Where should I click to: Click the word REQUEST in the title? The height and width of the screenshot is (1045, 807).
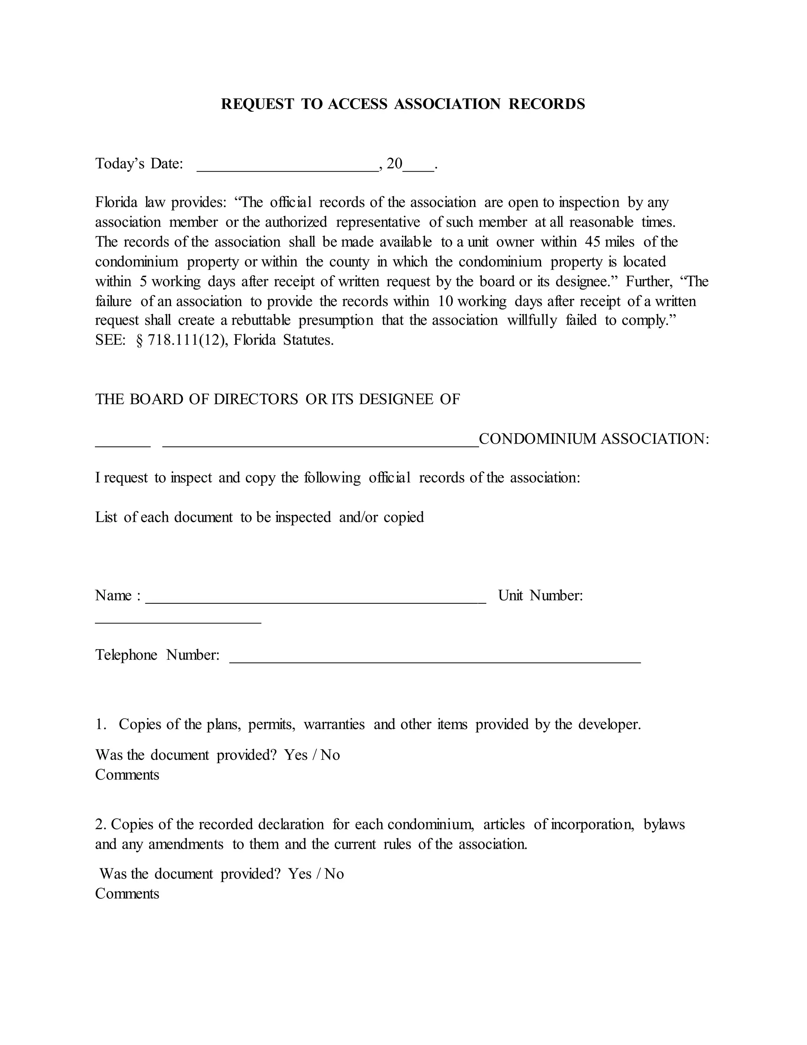[257, 104]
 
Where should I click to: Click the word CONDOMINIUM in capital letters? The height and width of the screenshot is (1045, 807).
[538, 439]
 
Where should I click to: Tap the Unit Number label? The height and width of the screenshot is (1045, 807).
[540, 596]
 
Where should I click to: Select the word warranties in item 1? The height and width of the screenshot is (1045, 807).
[334, 724]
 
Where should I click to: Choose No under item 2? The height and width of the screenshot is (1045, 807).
[334, 874]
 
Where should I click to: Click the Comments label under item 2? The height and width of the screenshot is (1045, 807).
[127, 894]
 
